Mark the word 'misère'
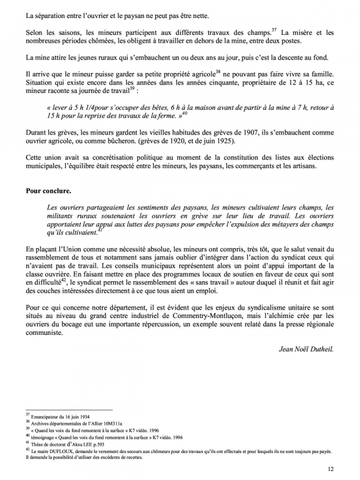[x=295, y=31]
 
